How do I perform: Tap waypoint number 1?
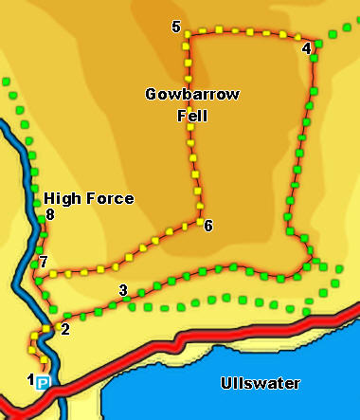point(31,380)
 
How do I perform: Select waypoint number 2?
point(64,330)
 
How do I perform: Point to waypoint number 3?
point(122,290)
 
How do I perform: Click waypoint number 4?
point(306,47)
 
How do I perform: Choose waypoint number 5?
point(176,27)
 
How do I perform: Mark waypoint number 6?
point(208,226)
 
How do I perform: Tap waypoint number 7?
point(42,262)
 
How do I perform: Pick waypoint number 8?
point(50,216)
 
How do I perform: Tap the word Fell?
point(192,117)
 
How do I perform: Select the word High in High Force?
point(61,199)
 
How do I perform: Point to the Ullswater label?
point(260,384)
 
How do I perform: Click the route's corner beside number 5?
point(187,36)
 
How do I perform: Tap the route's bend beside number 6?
point(201,221)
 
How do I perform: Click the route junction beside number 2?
point(46,330)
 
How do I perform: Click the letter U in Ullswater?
point(225,384)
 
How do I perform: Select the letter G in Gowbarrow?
point(152,95)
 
